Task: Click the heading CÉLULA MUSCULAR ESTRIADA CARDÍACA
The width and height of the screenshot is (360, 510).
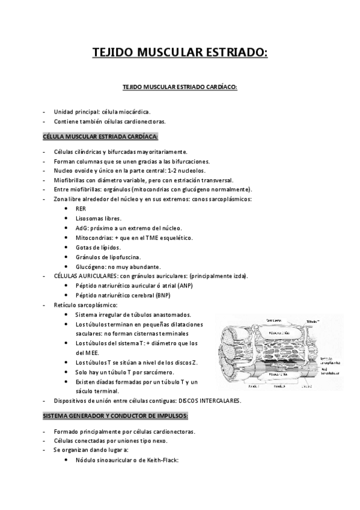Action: click(x=100, y=137)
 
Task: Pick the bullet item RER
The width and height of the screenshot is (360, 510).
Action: click(x=81, y=209)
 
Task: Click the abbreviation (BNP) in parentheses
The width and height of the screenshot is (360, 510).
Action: click(x=162, y=295)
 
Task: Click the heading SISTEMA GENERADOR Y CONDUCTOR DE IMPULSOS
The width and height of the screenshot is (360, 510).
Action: click(x=116, y=416)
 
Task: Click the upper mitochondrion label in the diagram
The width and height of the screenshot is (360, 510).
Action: click(x=278, y=332)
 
